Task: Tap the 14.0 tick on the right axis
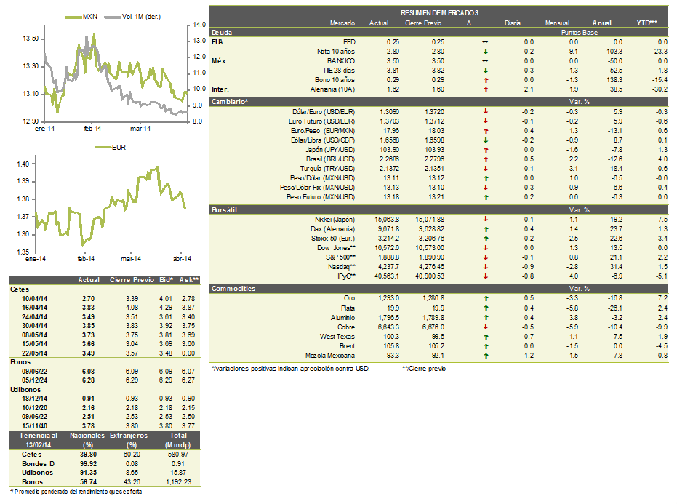[x=199, y=25]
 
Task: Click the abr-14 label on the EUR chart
[x=180, y=259]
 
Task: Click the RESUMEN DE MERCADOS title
[x=439, y=14]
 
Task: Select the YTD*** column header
[x=646, y=23]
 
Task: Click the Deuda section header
[x=221, y=33]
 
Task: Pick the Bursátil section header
[x=225, y=209]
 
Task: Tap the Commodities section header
[x=233, y=289]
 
